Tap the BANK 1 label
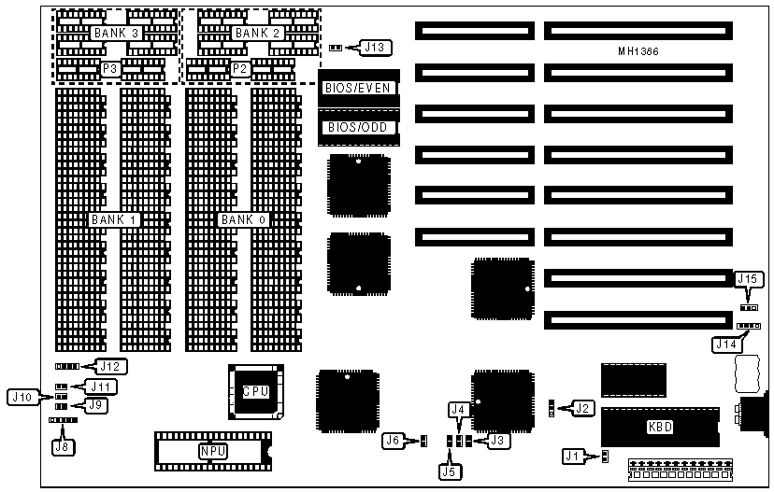tap(115, 220)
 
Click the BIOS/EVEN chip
tap(357, 88)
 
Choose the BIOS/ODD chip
tap(357, 127)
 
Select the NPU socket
tap(213, 452)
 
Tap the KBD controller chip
tap(660, 428)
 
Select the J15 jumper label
tap(749, 278)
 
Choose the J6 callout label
tap(394, 440)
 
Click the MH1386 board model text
tap(638, 52)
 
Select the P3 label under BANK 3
tap(110, 69)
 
